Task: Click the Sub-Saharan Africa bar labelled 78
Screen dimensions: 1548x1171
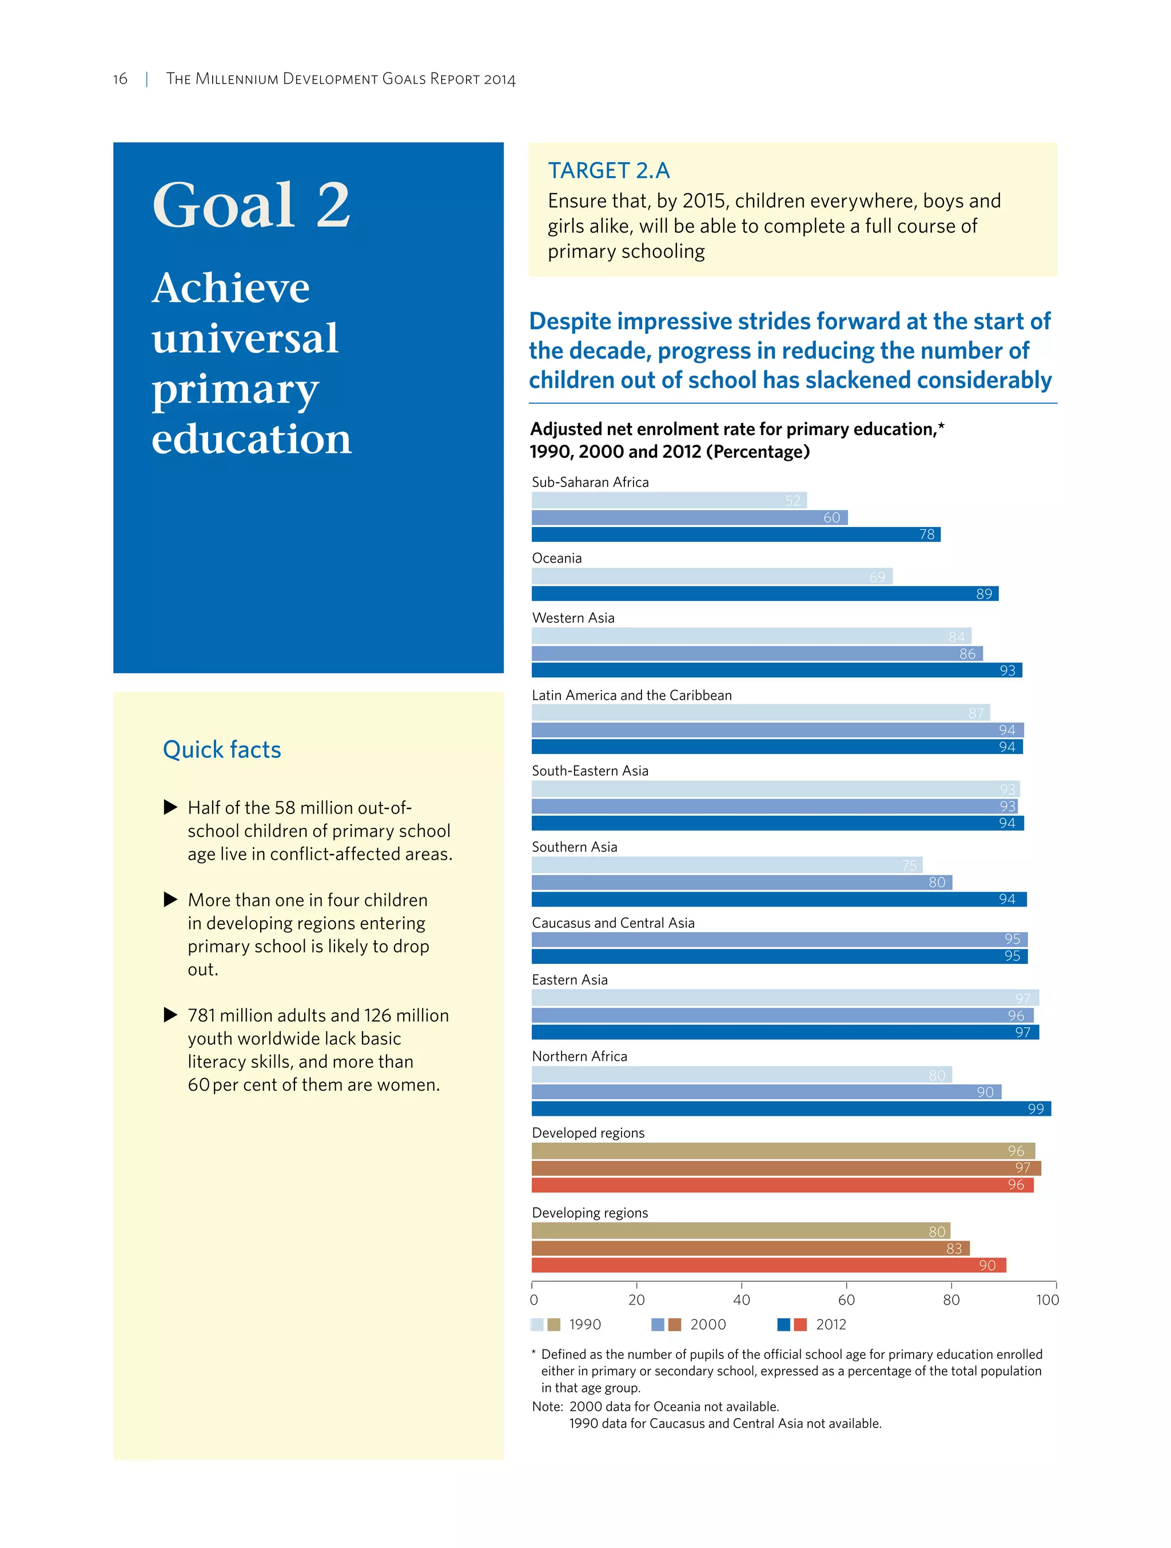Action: (735, 534)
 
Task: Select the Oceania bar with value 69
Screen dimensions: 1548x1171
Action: (711, 577)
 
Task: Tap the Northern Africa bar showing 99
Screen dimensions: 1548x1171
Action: (791, 1108)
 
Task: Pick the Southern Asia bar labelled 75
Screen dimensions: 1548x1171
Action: (727, 865)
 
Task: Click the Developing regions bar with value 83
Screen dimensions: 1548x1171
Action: (750, 1248)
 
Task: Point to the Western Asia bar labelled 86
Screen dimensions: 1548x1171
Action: (756, 653)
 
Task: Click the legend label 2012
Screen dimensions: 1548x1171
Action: (831, 1324)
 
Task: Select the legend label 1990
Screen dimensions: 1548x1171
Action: (584, 1324)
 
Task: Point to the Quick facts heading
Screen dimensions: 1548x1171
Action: (222, 749)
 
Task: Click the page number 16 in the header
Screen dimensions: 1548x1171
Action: (121, 79)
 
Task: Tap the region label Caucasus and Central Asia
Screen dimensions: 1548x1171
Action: (613, 923)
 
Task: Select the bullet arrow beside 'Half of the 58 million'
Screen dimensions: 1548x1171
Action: (170, 808)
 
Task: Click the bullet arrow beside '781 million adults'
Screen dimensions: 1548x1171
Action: (170, 1015)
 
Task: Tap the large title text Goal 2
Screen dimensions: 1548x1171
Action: (251, 205)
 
